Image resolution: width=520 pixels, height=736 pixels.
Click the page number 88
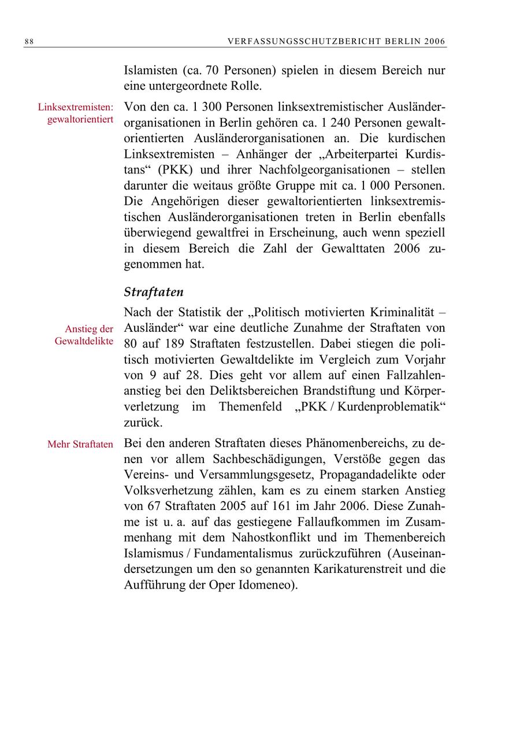[x=29, y=42]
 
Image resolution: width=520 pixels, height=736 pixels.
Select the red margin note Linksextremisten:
[x=75, y=107]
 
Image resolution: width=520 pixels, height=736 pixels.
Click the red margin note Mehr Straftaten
[x=80, y=445]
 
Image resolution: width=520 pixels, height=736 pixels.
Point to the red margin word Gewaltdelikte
[x=84, y=341]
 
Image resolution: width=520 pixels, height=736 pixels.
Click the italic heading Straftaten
[x=153, y=292]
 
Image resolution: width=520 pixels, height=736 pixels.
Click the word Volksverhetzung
[x=166, y=490]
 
